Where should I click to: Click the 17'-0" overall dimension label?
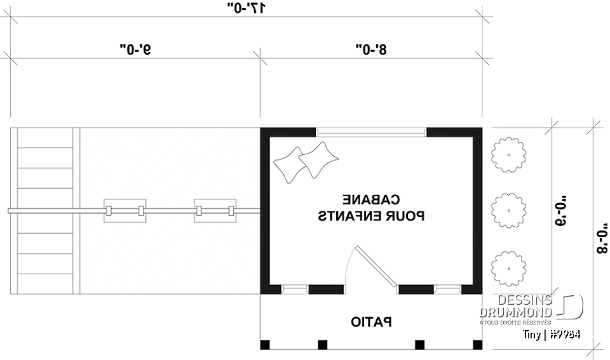[x=247, y=8]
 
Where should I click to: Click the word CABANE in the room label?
[x=371, y=199]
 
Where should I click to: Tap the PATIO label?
[x=371, y=323]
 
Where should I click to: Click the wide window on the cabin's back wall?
[x=371, y=133]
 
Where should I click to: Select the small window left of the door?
[x=295, y=290]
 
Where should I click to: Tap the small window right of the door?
[x=447, y=290]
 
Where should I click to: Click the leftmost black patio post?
[x=265, y=345]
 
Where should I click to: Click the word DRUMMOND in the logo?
[x=517, y=312]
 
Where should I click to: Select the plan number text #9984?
[x=565, y=335]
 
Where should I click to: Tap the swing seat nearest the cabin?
[x=215, y=211]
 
